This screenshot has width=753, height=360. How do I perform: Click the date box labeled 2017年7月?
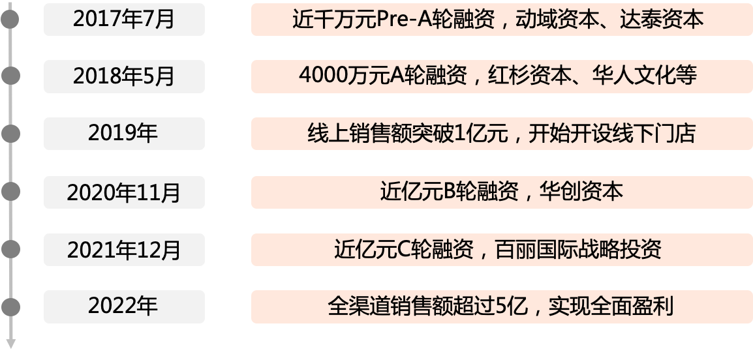[124, 19]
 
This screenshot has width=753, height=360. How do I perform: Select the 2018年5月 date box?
[124, 76]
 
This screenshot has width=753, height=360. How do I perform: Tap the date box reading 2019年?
[124, 134]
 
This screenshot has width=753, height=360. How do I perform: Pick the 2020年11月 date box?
[124, 192]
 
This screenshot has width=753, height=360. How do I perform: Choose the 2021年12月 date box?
[124, 249]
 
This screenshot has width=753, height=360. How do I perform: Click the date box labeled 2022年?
[124, 306]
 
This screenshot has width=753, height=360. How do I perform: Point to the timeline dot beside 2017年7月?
[10, 19]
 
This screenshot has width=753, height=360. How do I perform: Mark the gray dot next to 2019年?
[10, 134]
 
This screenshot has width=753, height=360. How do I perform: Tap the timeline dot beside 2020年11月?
[10, 192]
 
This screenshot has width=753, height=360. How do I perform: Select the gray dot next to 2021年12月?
[10, 249]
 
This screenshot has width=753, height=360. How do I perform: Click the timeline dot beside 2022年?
[10, 306]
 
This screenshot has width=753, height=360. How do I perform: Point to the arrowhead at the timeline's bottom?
[10, 344]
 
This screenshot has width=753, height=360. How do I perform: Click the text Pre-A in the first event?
[401, 20]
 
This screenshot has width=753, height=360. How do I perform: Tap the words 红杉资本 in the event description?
[522, 76]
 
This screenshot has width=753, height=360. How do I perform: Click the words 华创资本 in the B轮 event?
[581, 192]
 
